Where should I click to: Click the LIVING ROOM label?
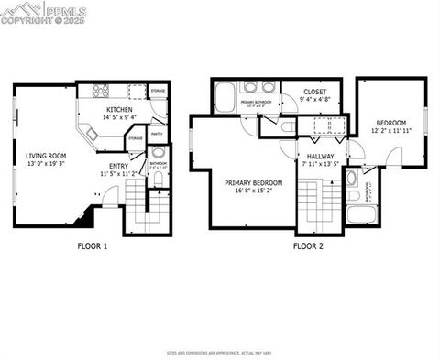tap(44, 156)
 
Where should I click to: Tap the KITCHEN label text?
tap(117, 109)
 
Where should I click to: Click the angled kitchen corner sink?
tap(92, 132)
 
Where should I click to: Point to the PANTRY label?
tap(157, 134)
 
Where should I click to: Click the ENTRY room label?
tap(119, 166)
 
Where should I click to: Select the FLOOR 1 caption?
tap(93, 245)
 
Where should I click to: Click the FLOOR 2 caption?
tap(307, 245)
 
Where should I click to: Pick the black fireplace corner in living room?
tap(85, 217)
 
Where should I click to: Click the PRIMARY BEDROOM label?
tap(253, 182)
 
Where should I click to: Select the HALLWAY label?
tap(320, 157)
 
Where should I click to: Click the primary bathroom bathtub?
tap(225, 98)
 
